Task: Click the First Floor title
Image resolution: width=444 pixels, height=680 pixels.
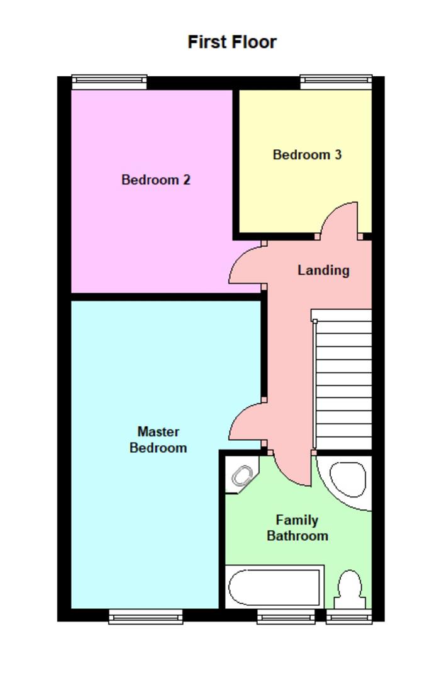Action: pos(232,42)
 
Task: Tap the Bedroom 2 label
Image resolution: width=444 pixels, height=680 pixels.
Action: pos(155,180)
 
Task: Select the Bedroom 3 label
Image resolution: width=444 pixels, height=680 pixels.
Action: pos(307,154)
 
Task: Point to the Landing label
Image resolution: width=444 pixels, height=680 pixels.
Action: pos(323,270)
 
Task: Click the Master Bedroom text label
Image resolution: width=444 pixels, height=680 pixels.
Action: pos(158,439)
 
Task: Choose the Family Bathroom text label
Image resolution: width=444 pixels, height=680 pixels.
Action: pos(297,528)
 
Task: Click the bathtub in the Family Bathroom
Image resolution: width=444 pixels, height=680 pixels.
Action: pos(274,587)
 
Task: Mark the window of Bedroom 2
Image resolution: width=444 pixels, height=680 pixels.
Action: pos(109,81)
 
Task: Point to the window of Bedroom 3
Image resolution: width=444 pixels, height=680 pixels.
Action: pos(336,81)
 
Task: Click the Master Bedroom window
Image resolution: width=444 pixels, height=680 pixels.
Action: pos(145,616)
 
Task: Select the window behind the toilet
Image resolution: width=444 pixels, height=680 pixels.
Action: pos(348,616)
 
